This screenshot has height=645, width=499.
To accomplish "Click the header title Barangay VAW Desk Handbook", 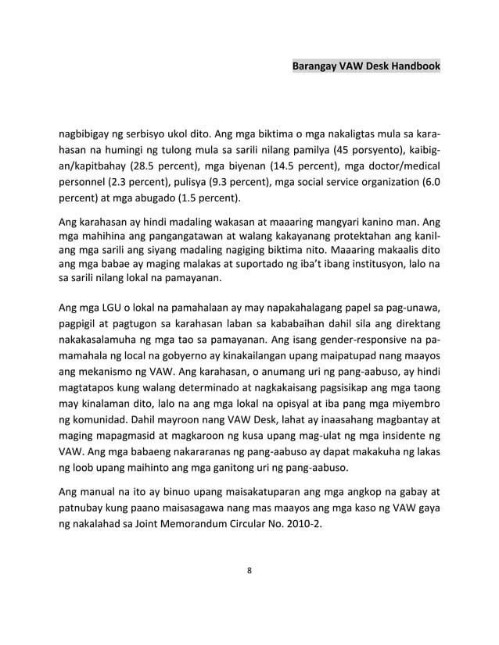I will click(365, 67).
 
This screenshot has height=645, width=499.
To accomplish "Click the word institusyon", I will click(377, 264).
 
